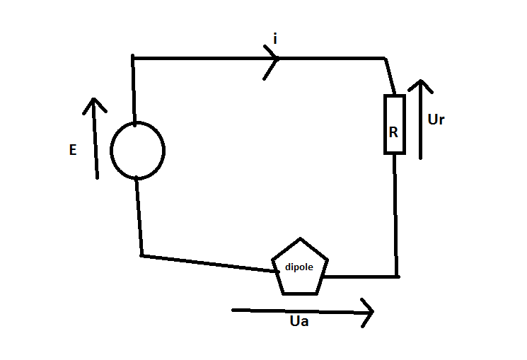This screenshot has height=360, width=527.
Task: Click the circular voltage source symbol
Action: (x=137, y=150)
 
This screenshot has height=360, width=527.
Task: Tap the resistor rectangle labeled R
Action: (x=394, y=124)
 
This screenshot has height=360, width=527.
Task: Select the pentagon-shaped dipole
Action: (x=300, y=267)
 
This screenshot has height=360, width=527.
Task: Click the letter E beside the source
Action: (x=73, y=151)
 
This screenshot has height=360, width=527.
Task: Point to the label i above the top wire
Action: (x=275, y=39)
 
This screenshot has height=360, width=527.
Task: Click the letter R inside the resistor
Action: (x=394, y=132)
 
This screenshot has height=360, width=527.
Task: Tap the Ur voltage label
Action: (x=436, y=120)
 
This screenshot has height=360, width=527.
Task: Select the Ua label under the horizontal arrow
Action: (x=299, y=323)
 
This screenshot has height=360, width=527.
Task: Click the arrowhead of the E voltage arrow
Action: (x=93, y=103)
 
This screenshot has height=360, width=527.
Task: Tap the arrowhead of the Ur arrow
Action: (x=420, y=85)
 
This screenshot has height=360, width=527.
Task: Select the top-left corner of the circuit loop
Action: (x=133, y=57)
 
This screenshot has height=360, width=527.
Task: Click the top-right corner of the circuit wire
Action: (x=385, y=58)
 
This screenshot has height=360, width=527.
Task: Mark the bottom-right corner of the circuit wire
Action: (x=396, y=276)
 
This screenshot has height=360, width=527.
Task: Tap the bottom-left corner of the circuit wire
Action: (x=141, y=255)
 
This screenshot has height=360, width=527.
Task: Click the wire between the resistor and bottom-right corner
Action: (x=395, y=212)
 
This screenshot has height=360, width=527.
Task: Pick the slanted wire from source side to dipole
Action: (x=205, y=262)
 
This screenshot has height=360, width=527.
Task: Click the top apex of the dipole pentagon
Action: (x=300, y=239)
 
